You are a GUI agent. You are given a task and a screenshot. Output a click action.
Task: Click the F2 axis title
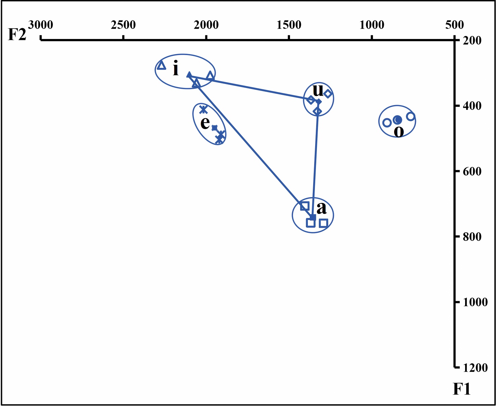[17, 34]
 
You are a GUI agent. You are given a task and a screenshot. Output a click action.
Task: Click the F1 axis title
[462, 389]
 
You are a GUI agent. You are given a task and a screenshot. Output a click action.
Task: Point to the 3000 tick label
[40, 25]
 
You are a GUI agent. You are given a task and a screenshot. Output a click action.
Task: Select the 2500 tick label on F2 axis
[123, 25]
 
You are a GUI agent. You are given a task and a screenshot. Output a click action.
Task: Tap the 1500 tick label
[289, 25]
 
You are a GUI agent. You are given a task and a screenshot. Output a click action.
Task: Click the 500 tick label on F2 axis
[455, 25]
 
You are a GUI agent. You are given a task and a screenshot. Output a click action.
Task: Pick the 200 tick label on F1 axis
[472, 41]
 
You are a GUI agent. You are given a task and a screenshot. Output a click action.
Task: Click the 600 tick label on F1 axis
[472, 172]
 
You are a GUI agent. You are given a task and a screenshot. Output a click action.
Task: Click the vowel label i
[175, 69]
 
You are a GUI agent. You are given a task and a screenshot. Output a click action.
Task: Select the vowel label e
[205, 123]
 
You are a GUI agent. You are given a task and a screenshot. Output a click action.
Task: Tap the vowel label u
[318, 90]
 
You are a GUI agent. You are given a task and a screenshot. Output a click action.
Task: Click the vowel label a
[322, 208]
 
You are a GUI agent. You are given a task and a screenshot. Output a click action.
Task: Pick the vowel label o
[399, 131]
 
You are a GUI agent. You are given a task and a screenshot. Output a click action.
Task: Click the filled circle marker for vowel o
[398, 120]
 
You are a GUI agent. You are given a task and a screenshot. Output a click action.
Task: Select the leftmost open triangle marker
[162, 65]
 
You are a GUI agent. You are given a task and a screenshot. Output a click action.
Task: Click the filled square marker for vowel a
[313, 218]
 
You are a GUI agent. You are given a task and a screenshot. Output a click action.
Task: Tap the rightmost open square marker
[323, 223]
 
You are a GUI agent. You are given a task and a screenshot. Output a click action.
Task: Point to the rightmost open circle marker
[410, 117]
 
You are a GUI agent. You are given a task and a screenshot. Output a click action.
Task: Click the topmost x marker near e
[203, 109]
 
